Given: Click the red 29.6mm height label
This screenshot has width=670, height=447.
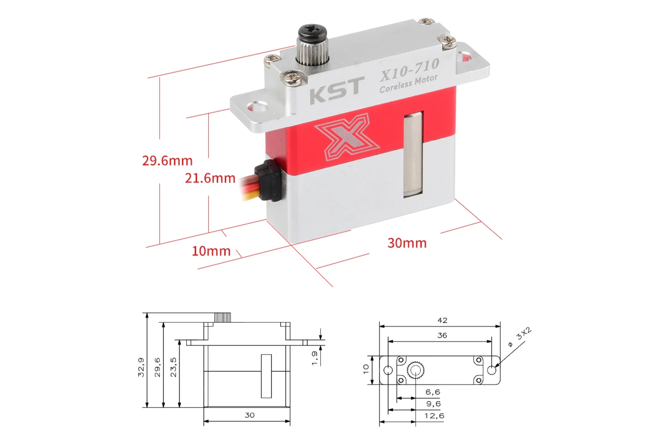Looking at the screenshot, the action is click(167, 161).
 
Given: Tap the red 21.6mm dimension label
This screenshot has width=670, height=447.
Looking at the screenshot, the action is click(210, 178).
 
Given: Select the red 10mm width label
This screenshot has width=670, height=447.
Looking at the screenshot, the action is click(211, 251).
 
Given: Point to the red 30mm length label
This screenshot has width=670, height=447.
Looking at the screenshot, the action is click(407, 243).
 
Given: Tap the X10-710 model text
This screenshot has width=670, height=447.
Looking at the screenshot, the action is click(410, 70).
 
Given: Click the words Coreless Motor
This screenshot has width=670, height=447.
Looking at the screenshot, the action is click(409, 84).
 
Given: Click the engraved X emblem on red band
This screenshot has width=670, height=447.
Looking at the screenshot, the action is click(347, 136).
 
